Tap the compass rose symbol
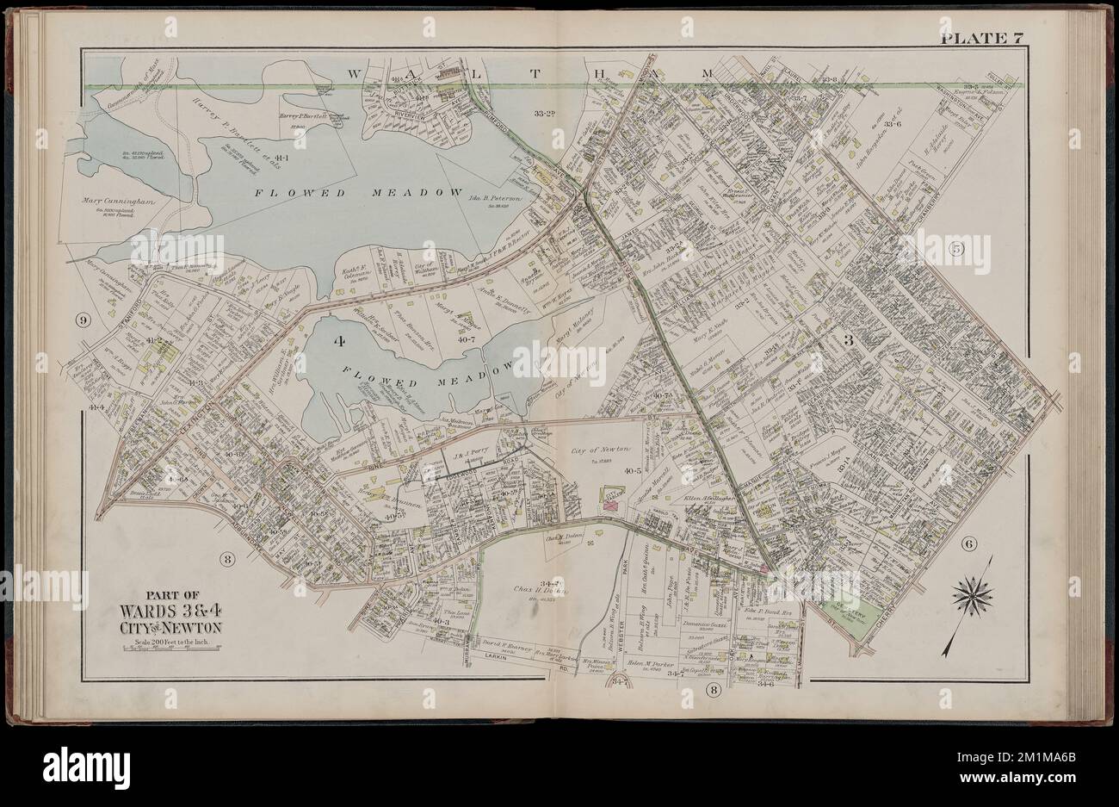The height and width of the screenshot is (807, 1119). (973, 593)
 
